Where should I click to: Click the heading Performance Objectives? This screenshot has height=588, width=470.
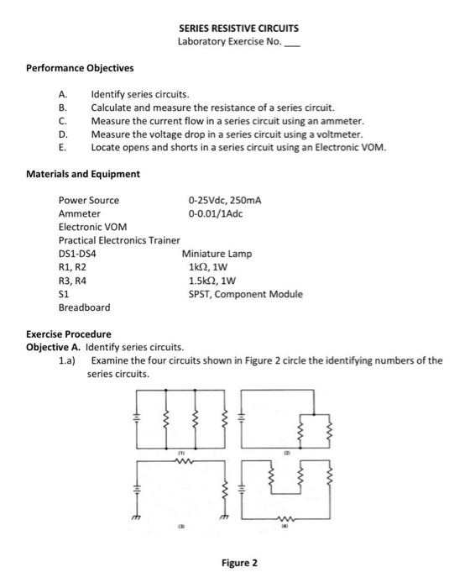coord(80,67)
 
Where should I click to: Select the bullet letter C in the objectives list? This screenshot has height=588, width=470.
coord(61,121)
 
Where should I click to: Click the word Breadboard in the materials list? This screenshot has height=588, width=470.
coord(84,307)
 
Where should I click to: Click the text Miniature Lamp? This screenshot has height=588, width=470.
coord(217,254)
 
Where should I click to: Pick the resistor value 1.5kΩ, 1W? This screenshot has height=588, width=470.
coord(217,281)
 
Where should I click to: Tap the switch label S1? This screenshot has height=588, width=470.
coord(63,294)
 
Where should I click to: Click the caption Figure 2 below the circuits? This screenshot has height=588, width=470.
coord(239,562)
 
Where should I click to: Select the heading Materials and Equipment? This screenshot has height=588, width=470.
coord(83,174)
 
